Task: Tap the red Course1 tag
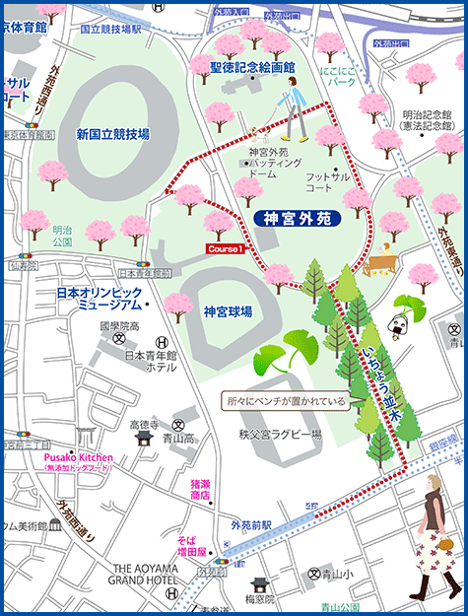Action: pyautogui.click(x=226, y=250)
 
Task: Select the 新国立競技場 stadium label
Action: pyautogui.click(x=112, y=134)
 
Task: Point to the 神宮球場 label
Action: pyautogui.click(x=228, y=311)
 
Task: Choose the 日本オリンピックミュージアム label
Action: pyautogui.click(x=100, y=300)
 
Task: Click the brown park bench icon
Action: pyautogui.click(x=379, y=264)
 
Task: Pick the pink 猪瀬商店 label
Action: pyautogui.click(x=201, y=490)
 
